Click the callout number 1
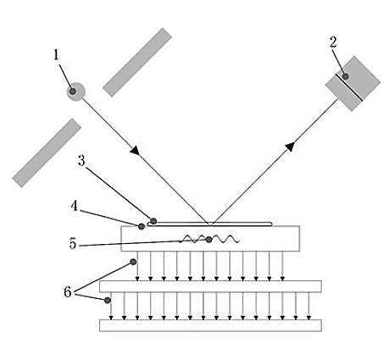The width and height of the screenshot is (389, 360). coord(57,55)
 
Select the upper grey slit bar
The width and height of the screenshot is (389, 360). coord(137,62)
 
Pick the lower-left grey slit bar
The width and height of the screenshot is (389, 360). coord(47,152)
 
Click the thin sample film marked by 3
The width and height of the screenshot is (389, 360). coord(212,224)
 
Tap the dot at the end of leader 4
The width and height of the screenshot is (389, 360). coord(141,226)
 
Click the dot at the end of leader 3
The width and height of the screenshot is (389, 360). coord(153,221)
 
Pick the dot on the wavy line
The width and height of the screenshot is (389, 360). coord(209,240)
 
